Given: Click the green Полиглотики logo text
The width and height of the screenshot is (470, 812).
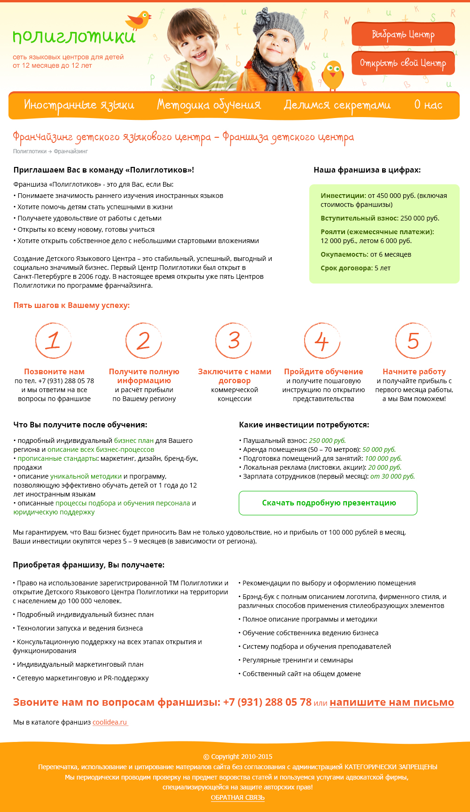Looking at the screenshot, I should [x=74, y=37].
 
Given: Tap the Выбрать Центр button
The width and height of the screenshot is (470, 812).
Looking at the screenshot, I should [x=403, y=34].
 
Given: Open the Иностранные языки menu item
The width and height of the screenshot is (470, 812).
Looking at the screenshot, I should [x=79, y=105].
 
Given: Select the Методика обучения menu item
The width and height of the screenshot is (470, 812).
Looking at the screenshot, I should [x=209, y=105].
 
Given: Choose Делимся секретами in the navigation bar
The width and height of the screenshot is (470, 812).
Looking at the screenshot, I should [x=337, y=105].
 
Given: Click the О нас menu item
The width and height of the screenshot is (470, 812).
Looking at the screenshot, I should [x=428, y=105].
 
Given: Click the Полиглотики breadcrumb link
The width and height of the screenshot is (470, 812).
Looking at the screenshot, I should [x=30, y=151].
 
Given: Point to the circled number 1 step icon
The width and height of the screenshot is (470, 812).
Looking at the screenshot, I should [x=54, y=340].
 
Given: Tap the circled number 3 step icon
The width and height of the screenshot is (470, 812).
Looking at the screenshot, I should [x=234, y=340].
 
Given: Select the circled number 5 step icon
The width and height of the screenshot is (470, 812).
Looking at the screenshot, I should [x=413, y=340].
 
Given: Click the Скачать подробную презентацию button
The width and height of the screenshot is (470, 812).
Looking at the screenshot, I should [x=328, y=503].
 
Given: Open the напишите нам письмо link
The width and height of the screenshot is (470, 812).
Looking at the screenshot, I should [x=392, y=702].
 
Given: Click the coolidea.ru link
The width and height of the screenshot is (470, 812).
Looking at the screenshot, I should [x=110, y=722].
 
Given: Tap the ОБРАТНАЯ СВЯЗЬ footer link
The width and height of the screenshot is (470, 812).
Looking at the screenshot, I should [x=238, y=797].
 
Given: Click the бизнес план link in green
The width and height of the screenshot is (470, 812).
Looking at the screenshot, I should [x=134, y=441].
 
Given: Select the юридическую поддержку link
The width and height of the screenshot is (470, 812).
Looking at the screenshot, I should [x=54, y=512].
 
